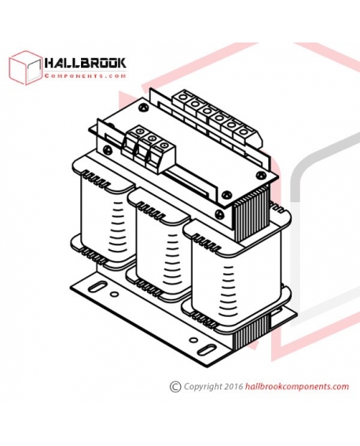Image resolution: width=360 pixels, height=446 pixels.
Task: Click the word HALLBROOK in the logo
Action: coord(85,63)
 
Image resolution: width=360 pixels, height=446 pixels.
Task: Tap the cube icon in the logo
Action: coord(26,68)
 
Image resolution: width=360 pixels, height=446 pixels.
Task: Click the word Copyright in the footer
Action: coord(203,387)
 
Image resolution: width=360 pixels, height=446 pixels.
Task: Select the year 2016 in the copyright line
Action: coord(233,386)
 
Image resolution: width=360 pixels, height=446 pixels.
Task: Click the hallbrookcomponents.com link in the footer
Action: coord(296,386)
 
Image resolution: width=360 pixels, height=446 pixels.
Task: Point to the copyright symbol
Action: coord(175,387)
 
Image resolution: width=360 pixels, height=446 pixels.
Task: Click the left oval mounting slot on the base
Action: coord(97,286)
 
